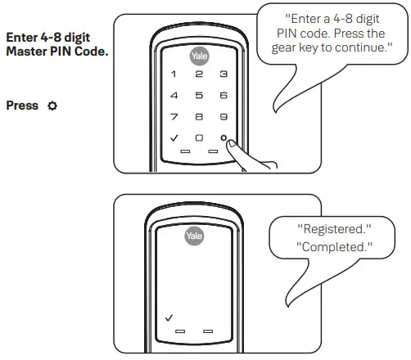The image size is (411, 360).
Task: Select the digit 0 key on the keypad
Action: click(x=198, y=137)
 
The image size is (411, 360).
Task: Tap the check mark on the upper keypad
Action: click(x=173, y=137)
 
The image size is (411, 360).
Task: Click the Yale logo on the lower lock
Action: click(x=195, y=236)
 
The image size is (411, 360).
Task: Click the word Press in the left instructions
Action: click(x=21, y=106)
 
